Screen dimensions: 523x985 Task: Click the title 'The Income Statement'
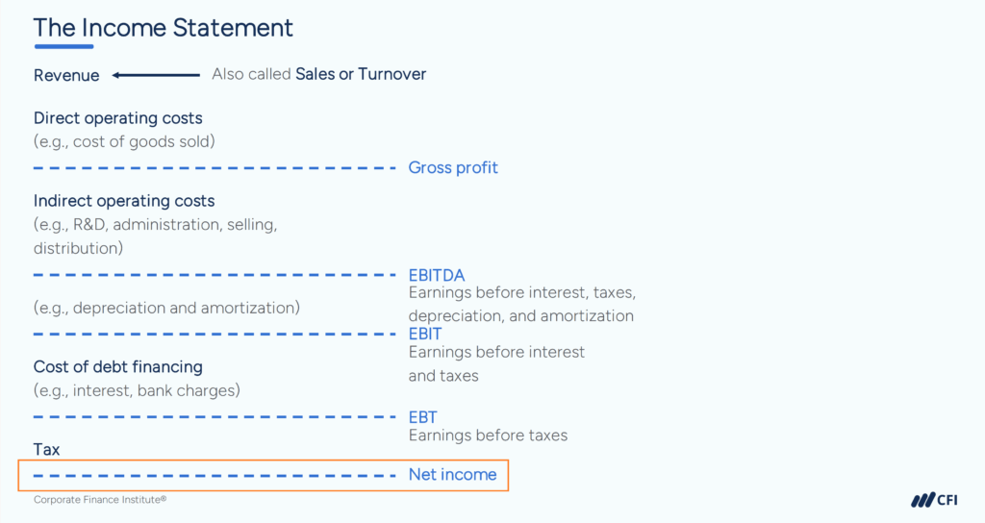pyautogui.click(x=164, y=27)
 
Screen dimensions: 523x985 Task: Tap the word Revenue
pyautogui.click(x=66, y=75)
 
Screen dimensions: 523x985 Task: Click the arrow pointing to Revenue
pyautogui.click(x=155, y=75)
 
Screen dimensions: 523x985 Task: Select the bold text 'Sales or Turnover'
pyautogui.click(x=361, y=74)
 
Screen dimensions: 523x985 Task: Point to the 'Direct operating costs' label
pyautogui.click(x=118, y=118)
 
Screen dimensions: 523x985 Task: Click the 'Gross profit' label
pyautogui.click(x=453, y=167)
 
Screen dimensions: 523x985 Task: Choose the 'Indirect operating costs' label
pyautogui.click(x=124, y=201)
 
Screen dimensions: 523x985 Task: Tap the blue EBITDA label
pyautogui.click(x=437, y=276)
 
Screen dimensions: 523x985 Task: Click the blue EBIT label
pyautogui.click(x=425, y=334)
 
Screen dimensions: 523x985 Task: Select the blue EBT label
pyautogui.click(x=422, y=417)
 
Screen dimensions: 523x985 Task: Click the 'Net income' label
pyautogui.click(x=452, y=474)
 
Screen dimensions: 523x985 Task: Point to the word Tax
pyautogui.click(x=47, y=449)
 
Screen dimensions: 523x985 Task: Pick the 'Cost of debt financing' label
pyautogui.click(x=118, y=366)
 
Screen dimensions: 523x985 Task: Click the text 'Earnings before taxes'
pyautogui.click(x=488, y=436)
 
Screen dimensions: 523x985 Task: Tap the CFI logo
pyautogui.click(x=933, y=500)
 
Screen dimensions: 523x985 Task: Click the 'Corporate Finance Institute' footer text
pyautogui.click(x=100, y=500)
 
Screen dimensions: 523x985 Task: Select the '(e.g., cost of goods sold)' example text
pyautogui.click(x=124, y=141)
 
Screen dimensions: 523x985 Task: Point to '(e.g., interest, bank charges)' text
pyautogui.click(x=137, y=390)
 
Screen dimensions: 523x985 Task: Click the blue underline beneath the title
pyautogui.click(x=63, y=46)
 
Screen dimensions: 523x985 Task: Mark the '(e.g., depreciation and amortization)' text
pyautogui.click(x=166, y=308)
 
